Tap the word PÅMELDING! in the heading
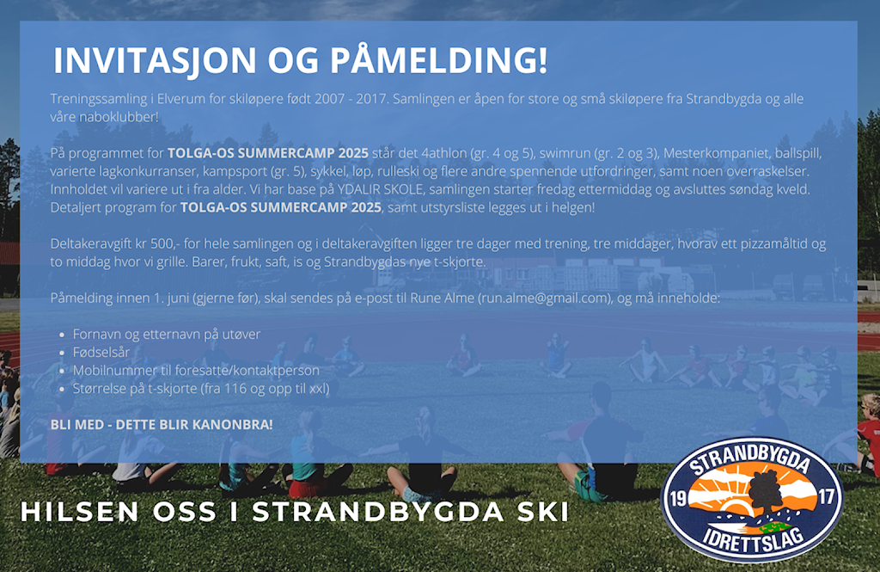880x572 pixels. (x=438, y=59)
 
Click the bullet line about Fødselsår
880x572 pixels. (x=101, y=353)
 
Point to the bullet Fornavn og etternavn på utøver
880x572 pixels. (x=167, y=335)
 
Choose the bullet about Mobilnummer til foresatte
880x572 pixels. (x=196, y=370)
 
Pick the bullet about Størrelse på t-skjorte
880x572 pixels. (x=201, y=388)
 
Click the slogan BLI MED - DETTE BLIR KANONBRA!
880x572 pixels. (x=162, y=424)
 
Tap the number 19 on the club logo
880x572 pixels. (x=679, y=498)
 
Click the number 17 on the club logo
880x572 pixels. (x=826, y=496)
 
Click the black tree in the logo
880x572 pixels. (x=765, y=494)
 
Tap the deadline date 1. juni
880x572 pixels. (x=171, y=298)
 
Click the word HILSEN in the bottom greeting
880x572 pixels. (x=79, y=511)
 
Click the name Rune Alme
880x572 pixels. (x=443, y=298)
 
